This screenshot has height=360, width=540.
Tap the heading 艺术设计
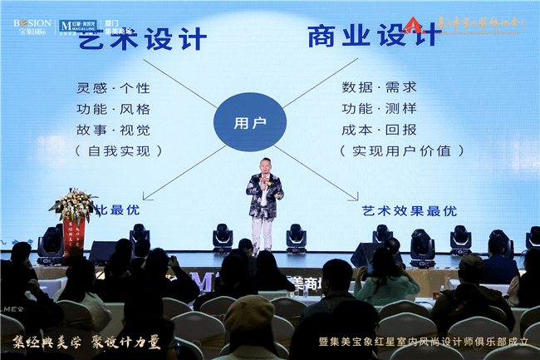coord(143,38)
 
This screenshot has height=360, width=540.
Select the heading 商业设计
coord(371,37)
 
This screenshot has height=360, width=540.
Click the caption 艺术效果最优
coord(410,211)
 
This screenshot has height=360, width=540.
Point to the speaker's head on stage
coord(263,165)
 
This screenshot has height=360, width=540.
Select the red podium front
coord(74,236)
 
